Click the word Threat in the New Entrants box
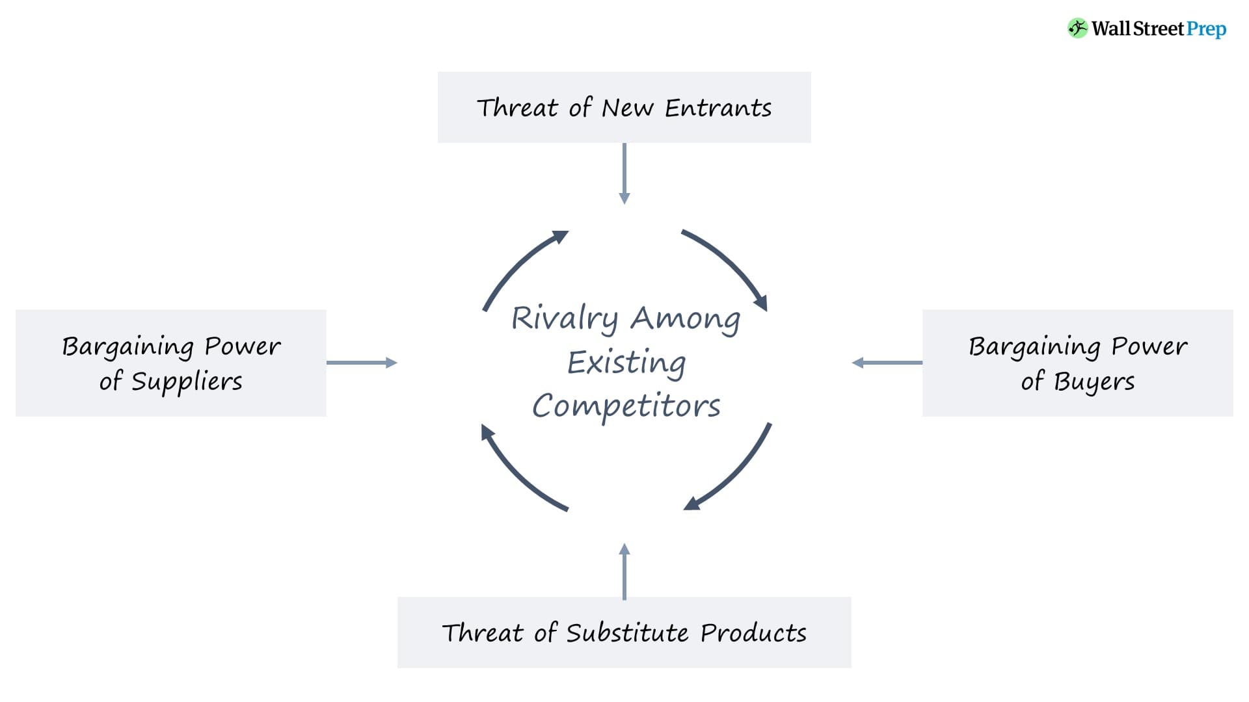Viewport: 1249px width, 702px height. tap(517, 108)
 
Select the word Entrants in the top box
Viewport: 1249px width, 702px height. tap(718, 108)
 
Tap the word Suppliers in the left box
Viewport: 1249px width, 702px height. tap(187, 382)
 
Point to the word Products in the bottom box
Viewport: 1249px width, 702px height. tap(753, 633)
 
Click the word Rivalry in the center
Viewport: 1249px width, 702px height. tap(564, 318)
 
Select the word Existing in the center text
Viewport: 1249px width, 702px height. tap(626, 363)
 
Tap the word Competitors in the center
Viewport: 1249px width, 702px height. tap(626, 406)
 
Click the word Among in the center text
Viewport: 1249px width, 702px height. tap(685, 318)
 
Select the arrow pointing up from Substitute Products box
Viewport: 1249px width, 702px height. tap(624, 571)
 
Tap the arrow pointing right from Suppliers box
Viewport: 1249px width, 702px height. tap(362, 363)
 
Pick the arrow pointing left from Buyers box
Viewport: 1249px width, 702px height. tap(887, 363)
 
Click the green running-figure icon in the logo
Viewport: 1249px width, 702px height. tap(1077, 28)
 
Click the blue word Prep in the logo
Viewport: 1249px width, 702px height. tap(1206, 29)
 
